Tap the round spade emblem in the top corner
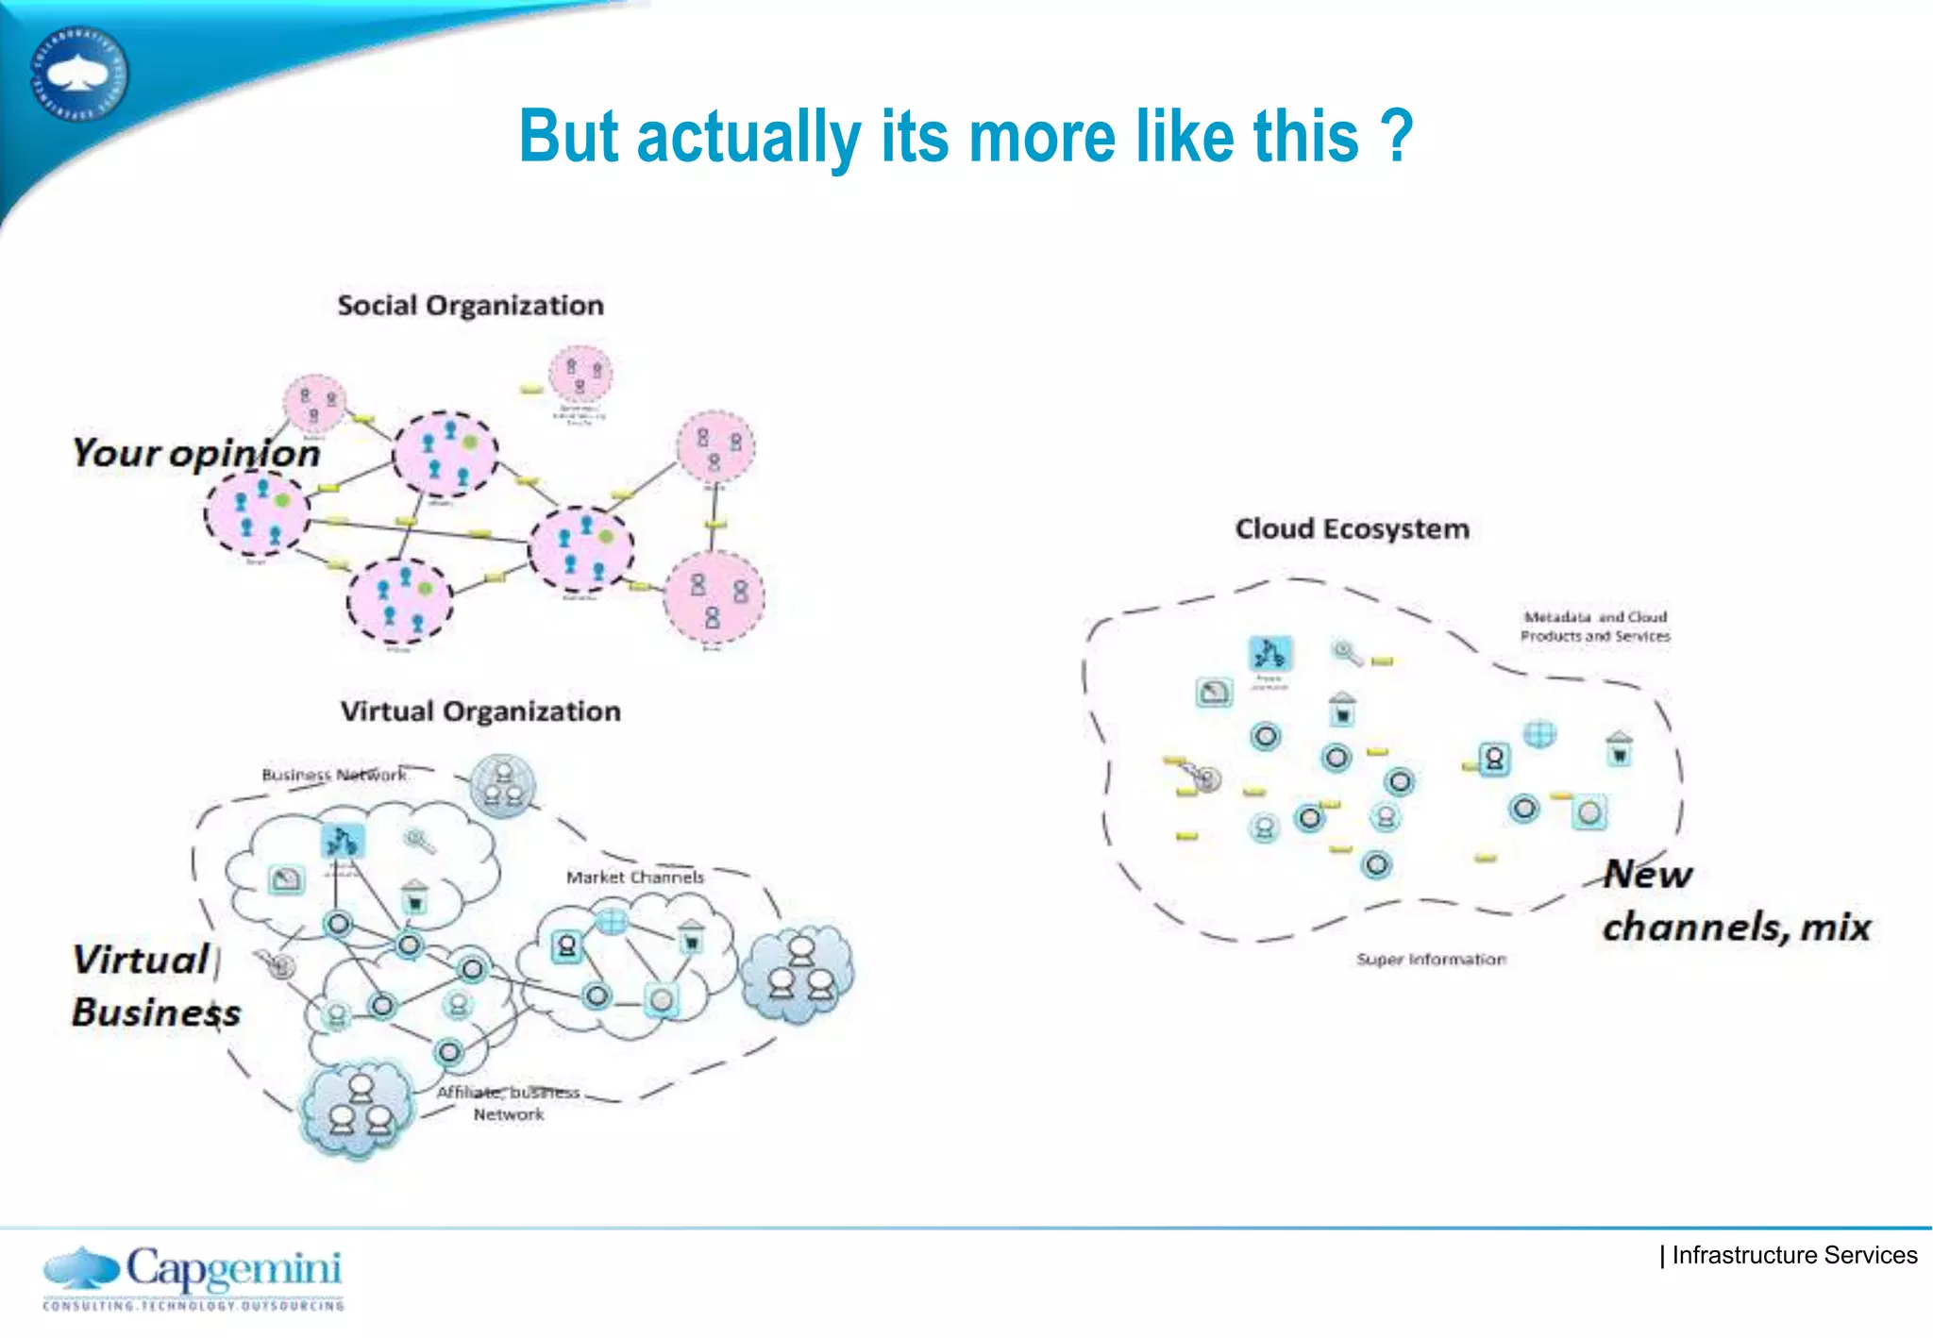[x=79, y=74]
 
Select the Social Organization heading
[x=470, y=306]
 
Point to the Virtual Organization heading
[x=480, y=711]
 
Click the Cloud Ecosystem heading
[x=1352, y=529]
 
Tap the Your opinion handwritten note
[x=196, y=454]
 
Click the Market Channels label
[x=634, y=878]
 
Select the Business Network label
[x=333, y=775]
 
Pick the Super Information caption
[x=1431, y=960]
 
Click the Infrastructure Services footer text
[x=1793, y=1256]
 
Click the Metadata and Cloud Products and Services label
[x=1595, y=627]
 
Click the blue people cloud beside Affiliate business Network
[x=357, y=1108]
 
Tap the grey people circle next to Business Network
[x=503, y=785]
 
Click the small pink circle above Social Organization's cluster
[x=581, y=375]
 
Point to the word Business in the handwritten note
[x=156, y=1012]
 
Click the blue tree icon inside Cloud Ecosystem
[x=1269, y=653]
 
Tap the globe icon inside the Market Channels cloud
[x=612, y=920]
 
